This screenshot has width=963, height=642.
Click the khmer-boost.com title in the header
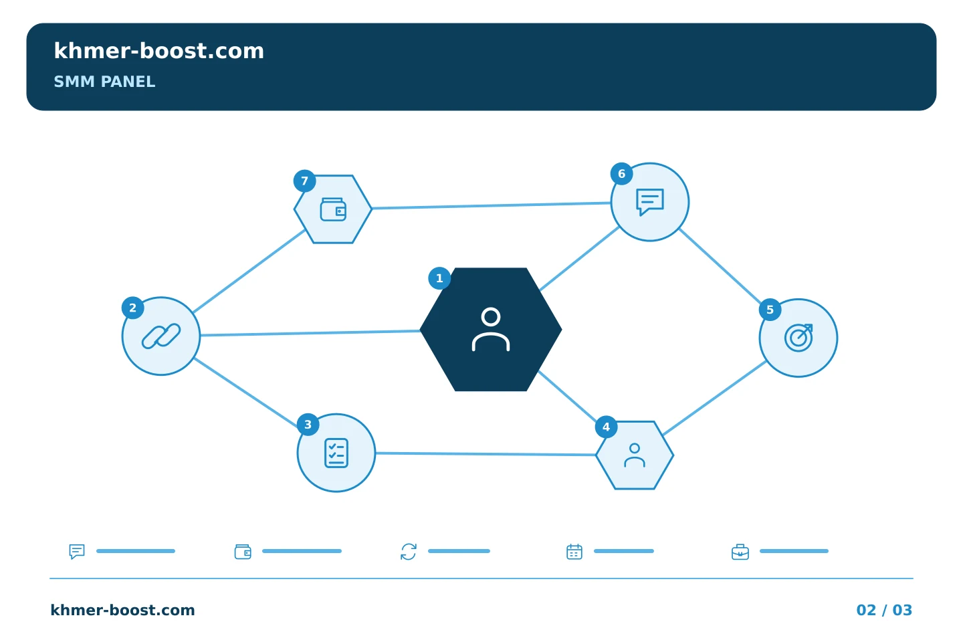pos(158,51)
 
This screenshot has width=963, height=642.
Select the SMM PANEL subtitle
pos(104,82)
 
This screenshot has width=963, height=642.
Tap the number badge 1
pos(439,278)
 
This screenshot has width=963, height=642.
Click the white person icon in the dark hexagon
pos(491,329)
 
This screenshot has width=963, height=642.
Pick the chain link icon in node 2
pos(161,336)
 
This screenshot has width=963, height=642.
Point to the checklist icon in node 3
pos(336,453)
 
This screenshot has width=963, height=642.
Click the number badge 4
pos(606,427)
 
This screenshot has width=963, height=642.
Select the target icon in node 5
pos(798,338)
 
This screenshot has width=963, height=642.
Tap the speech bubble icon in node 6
pos(650,202)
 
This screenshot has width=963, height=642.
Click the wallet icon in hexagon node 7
pos(333,209)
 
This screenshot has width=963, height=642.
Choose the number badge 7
pos(305,181)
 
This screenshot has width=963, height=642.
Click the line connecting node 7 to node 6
pos(492,205)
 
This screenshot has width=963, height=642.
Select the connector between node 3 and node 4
pos(486,453)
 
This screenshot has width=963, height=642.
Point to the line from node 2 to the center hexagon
pos(310,333)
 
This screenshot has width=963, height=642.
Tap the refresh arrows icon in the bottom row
pos(409,552)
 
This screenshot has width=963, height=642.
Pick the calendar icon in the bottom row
pos(574,552)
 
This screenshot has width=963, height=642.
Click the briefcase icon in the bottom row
pos(740,552)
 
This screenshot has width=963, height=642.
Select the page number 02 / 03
pos(884,610)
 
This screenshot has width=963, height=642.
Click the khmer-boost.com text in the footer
pos(122,610)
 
